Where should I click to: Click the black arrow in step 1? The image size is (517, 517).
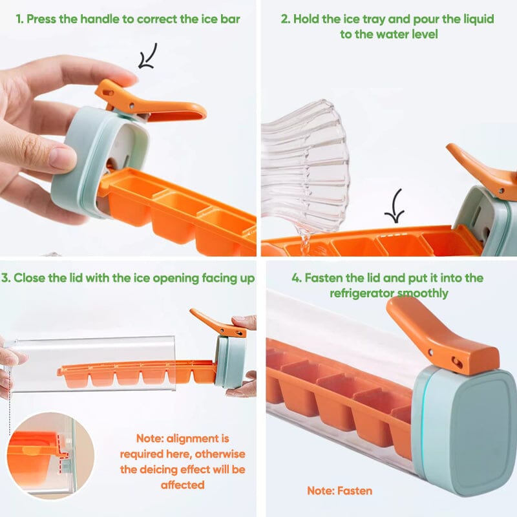tap(147, 57)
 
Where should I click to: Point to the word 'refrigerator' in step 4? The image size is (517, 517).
tap(362, 293)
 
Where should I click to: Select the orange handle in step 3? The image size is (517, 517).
tap(218, 324)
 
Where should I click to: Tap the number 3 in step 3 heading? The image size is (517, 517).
tap(5, 278)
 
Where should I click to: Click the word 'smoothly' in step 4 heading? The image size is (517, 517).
tap(423, 293)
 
